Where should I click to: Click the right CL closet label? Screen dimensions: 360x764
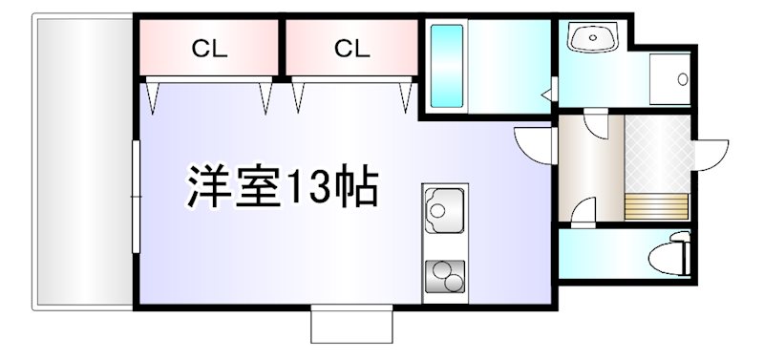[350, 48]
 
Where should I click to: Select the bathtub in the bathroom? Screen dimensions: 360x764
[446, 65]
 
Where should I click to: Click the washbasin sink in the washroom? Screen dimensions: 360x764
[593, 39]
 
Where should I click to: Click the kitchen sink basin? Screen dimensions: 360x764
[443, 209]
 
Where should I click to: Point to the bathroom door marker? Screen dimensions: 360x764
[547, 94]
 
